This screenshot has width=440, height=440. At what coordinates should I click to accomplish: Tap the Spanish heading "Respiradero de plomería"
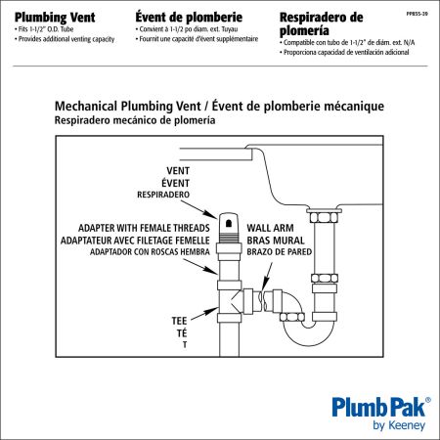(335, 24)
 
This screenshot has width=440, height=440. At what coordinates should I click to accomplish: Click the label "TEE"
(178, 320)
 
